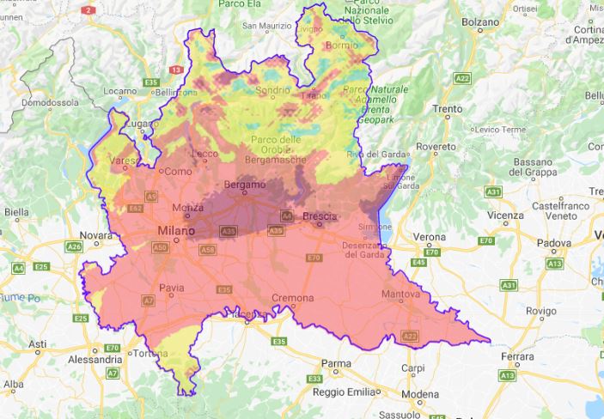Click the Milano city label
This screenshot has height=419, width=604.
[x=175, y=231]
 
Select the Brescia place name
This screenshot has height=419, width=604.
[x=319, y=216]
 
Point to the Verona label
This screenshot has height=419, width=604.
[x=430, y=236]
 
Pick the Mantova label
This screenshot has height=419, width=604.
[x=400, y=294]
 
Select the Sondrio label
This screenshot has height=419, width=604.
[x=272, y=88]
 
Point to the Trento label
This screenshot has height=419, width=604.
[x=448, y=109]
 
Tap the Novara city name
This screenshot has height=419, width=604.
[x=95, y=234]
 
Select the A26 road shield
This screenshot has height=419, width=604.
[x=75, y=246]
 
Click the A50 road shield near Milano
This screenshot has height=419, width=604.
[x=160, y=247]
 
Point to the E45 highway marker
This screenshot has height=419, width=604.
[x=418, y=262]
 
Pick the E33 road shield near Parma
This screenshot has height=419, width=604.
[x=314, y=379]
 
